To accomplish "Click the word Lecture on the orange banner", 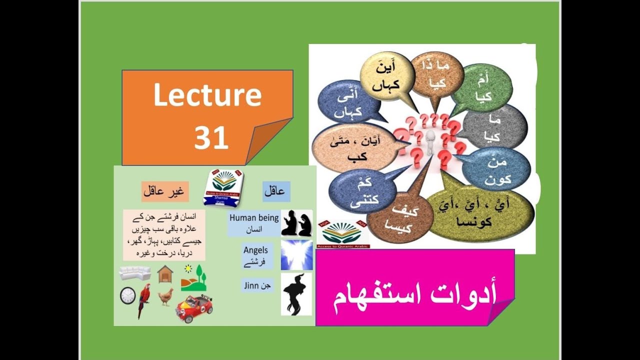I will [207, 95].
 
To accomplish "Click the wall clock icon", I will [127, 295].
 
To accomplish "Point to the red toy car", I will [194, 308].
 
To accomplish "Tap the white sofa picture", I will [135, 273].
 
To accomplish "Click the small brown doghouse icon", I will [165, 274].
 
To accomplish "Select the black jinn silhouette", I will [296, 293].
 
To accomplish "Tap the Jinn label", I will [257, 285].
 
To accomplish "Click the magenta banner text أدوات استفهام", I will [414, 295].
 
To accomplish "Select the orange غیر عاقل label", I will [164, 191].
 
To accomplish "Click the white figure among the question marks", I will [430, 142].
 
